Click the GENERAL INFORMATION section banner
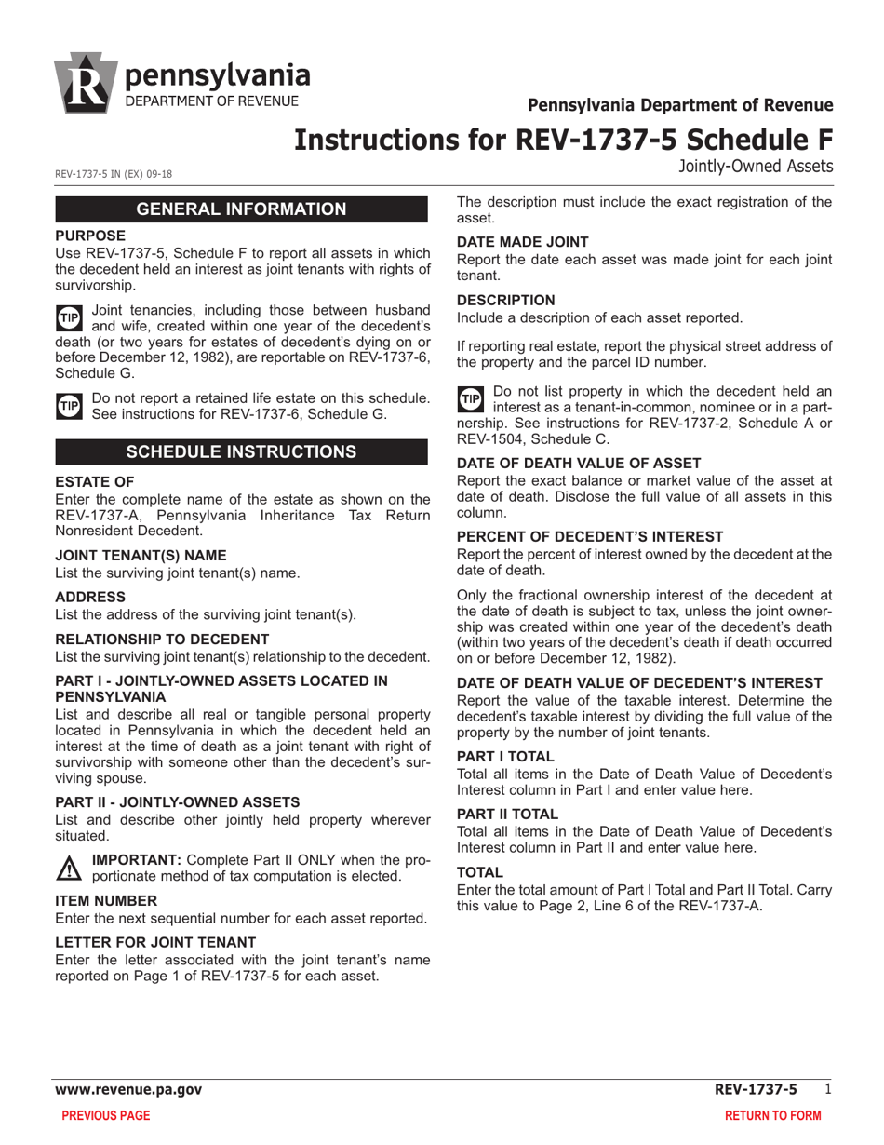click(242, 209)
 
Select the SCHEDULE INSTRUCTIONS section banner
click(242, 452)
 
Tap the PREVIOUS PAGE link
click(105, 1115)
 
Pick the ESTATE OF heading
click(95, 481)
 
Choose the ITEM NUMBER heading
click(105, 901)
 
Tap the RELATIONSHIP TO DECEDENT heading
click(163, 639)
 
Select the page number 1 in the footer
click(827, 1088)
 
